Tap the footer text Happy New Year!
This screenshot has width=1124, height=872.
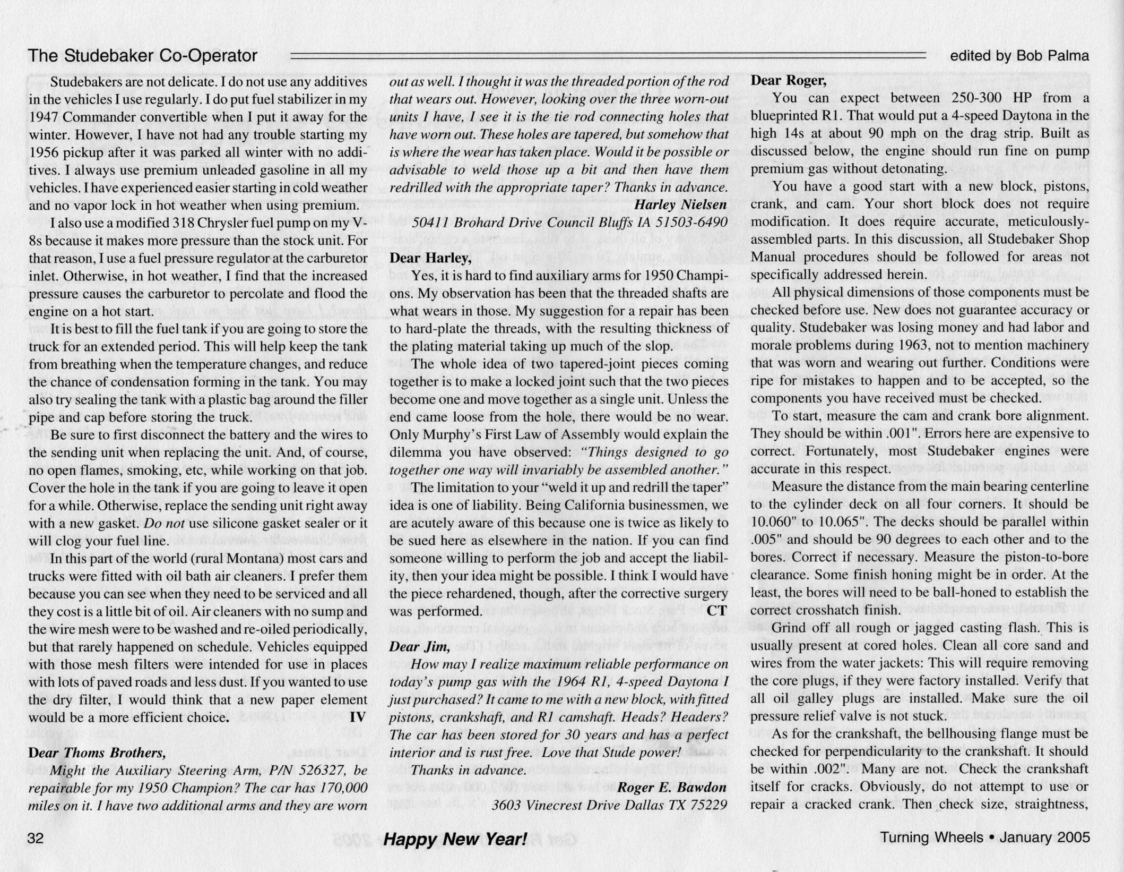pos(455,839)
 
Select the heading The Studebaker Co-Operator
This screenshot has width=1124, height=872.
pos(142,55)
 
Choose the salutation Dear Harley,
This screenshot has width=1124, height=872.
pos(430,258)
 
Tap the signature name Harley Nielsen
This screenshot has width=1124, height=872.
pos(680,205)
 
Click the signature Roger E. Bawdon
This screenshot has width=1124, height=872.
pos(671,787)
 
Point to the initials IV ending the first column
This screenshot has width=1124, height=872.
pos(358,717)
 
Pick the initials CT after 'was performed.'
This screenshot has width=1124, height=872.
pos(716,611)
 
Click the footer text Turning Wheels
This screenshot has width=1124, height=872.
pos(931,837)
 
